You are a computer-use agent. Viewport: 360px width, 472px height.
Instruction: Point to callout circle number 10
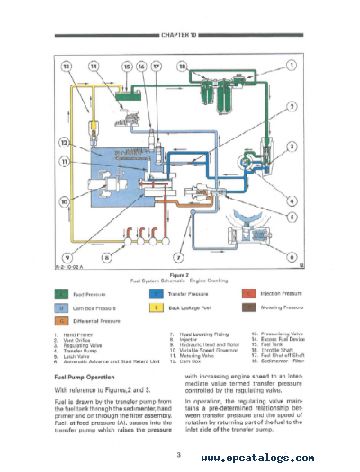click(x=64, y=203)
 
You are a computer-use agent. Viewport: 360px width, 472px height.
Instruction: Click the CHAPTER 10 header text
click(x=180, y=37)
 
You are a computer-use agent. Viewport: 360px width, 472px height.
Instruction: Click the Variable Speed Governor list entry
click(x=199, y=352)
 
